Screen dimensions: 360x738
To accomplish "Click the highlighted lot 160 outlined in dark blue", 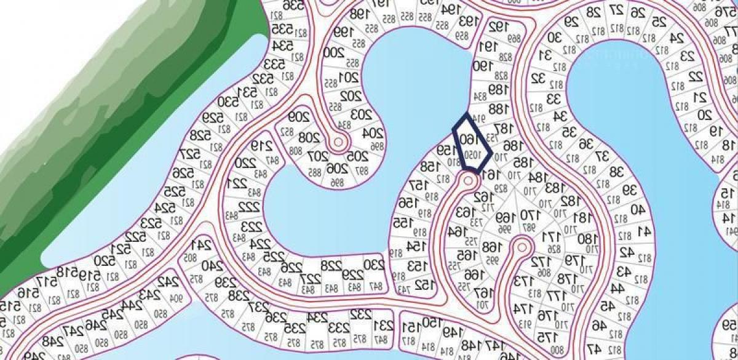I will tap(472, 143).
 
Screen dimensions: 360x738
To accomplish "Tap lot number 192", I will tap(497, 27).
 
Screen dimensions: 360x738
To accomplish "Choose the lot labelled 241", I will tap(204, 245).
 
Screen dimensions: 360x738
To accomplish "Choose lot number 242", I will tap(165, 282).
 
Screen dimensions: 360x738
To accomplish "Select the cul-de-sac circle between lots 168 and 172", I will tap(522, 247).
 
